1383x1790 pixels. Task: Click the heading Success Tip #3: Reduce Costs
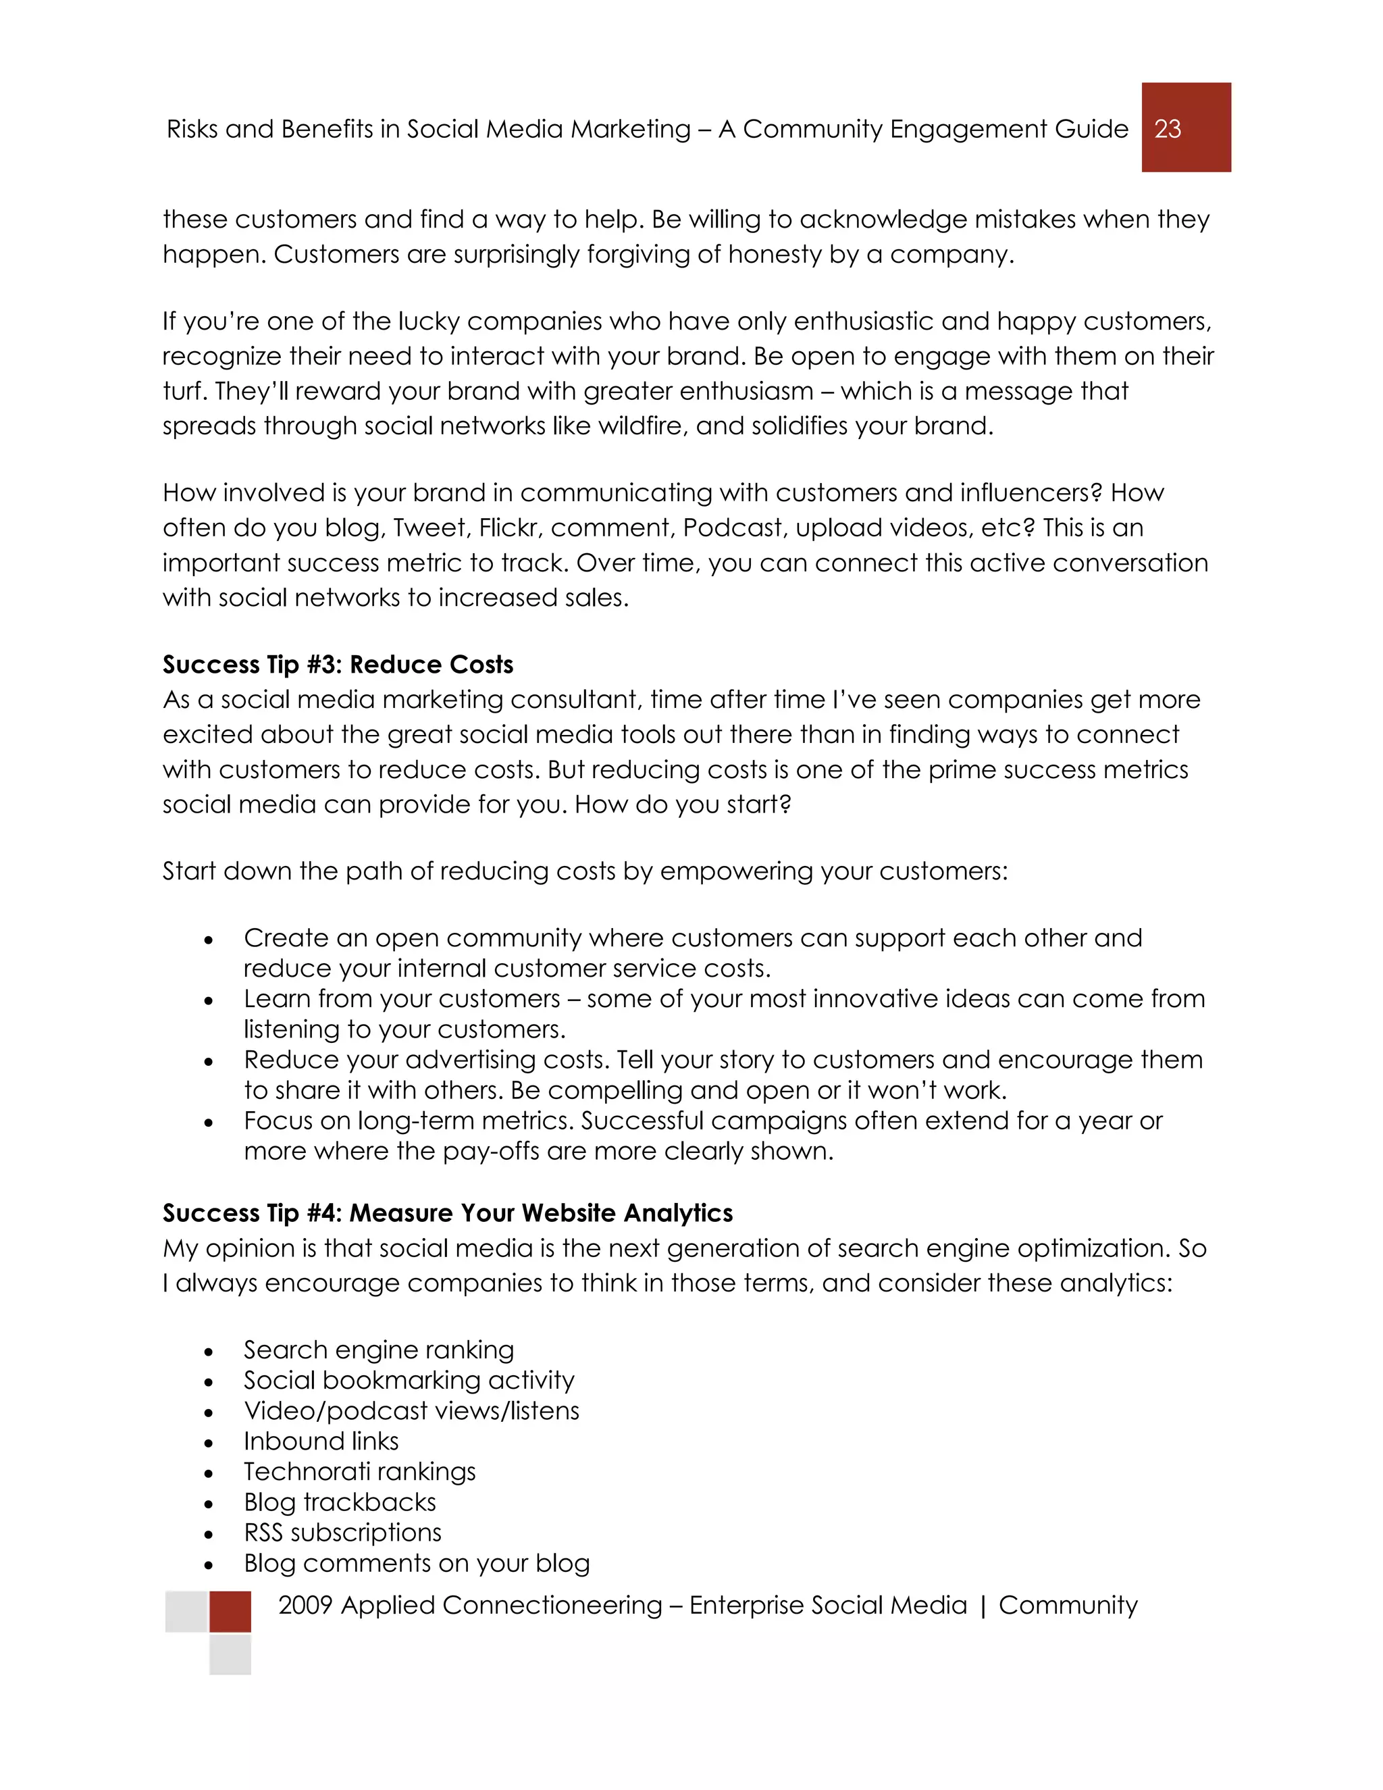338,665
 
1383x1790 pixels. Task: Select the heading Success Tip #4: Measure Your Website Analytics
447,1213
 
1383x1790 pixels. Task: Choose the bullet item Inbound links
321,1441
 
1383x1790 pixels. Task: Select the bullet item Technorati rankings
360,1471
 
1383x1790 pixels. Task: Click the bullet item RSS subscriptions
342,1533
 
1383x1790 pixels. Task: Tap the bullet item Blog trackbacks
340,1502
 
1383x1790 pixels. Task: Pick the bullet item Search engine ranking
379,1350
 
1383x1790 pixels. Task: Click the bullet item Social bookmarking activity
409,1380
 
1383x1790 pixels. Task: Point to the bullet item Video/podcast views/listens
411,1410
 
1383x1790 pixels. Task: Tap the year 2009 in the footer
305,1605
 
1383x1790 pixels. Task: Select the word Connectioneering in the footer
552,1605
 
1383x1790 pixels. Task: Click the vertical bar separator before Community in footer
983,1606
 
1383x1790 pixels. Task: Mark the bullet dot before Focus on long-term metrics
209,1123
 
